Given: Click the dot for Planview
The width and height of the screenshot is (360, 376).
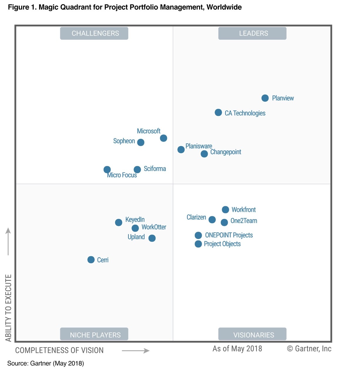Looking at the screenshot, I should [265, 98].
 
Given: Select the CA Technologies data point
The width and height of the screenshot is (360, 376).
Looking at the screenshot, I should [218, 113].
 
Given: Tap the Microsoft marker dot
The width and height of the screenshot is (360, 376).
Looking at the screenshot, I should [164, 138].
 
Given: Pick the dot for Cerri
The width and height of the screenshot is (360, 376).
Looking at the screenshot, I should [91, 260].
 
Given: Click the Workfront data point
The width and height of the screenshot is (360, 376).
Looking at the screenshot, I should [225, 209].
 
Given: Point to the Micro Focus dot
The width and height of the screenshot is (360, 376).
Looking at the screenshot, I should [107, 169].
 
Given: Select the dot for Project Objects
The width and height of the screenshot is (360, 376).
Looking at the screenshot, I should [198, 244].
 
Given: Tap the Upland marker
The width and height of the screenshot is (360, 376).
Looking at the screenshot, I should [152, 238].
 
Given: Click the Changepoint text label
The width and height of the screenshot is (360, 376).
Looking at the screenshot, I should [226, 152].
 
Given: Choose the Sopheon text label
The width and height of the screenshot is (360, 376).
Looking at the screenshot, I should [124, 141].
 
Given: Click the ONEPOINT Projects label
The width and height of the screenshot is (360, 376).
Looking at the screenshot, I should [229, 235].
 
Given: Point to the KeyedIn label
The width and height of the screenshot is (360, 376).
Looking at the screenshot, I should [135, 219].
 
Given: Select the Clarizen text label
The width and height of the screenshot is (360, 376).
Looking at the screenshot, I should [196, 217].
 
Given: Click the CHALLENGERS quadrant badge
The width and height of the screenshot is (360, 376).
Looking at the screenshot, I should [94, 33].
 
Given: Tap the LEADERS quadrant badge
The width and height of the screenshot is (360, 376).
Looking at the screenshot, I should [252, 33].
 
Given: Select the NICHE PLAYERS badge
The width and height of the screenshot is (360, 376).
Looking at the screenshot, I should [94, 334].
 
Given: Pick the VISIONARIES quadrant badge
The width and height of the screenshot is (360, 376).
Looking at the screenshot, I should [252, 334].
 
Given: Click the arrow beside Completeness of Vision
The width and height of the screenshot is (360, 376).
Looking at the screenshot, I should [136, 350].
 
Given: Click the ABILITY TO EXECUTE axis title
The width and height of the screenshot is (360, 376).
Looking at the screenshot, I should [9, 308].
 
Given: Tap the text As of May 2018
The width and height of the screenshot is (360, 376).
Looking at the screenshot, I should [237, 349].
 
